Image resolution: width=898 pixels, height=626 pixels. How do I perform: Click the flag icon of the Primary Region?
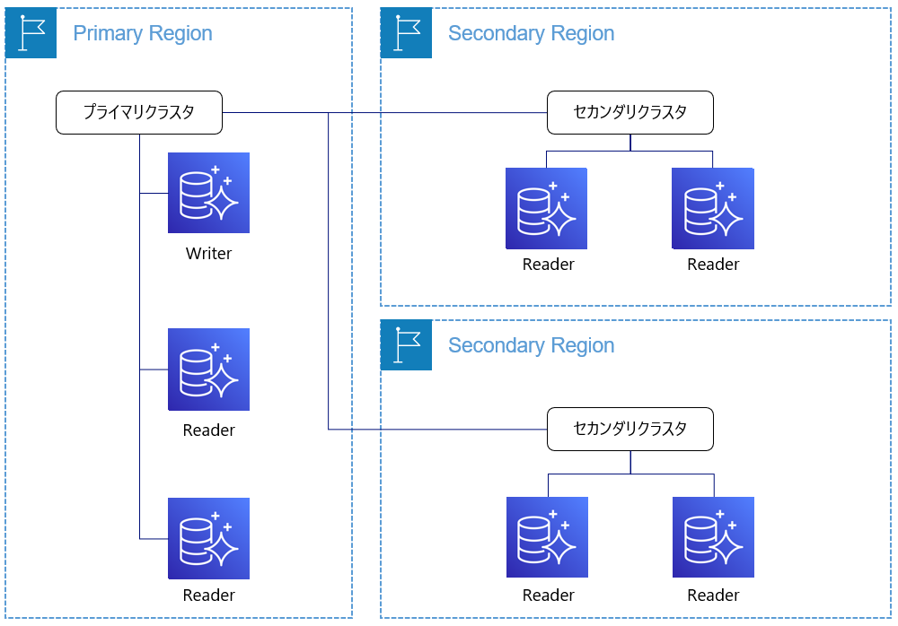[x=31, y=32]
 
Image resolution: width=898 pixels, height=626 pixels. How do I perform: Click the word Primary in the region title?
[x=108, y=34]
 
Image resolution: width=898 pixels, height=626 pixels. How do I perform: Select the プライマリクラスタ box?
[x=139, y=113]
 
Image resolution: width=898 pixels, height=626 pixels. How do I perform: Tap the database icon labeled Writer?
[x=208, y=193]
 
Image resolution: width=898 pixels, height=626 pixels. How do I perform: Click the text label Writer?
[x=208, y=254]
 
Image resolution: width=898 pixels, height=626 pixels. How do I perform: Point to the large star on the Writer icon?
[x=222, y=203]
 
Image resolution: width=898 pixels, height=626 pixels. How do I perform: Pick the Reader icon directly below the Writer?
[x=208, y=370]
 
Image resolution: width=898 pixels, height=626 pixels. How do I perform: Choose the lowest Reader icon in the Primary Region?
[x=208, y=538]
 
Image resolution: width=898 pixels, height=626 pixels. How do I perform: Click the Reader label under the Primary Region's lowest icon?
[x=208, y=596]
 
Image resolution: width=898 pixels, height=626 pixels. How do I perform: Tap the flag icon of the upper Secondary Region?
[x=406, y=32]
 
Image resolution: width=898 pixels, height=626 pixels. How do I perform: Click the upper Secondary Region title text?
[x=531, y=34]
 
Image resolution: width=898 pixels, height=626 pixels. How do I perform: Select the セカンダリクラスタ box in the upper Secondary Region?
[x=630, y=113]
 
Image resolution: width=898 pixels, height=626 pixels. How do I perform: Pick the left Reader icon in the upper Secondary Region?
[x=546, y=208]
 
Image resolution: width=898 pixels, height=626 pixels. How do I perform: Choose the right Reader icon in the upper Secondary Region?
[x=713, y=208]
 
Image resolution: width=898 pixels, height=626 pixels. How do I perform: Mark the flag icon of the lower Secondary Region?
[x=406, y=344]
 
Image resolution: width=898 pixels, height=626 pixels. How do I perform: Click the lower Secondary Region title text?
[x=531, y=345]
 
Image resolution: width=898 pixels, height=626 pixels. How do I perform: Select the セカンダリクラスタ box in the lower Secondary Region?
[x=630, y=430]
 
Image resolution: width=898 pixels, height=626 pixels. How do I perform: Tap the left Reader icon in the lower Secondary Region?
[x=547, y=537]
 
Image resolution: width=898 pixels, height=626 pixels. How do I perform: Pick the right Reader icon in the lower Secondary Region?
[x=713, y=537]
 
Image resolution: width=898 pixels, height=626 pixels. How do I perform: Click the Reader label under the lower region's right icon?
[x=713, y=596]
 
